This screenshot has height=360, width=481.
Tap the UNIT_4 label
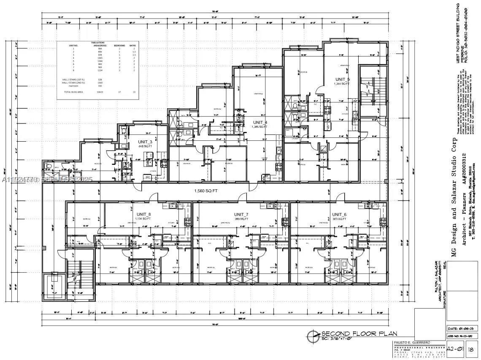click(260, 122)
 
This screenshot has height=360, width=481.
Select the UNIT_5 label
click(343, 79)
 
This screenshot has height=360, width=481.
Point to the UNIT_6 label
click(339, 214)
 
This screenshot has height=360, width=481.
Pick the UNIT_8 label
click(143, 214)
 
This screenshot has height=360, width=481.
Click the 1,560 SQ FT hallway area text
click(205, 191)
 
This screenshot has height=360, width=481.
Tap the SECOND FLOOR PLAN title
click(359, 333)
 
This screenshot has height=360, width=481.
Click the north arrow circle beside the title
click(313, 336)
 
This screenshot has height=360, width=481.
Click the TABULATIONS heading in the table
click(98, 43)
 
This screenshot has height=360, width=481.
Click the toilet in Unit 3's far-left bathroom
click(50, 167)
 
